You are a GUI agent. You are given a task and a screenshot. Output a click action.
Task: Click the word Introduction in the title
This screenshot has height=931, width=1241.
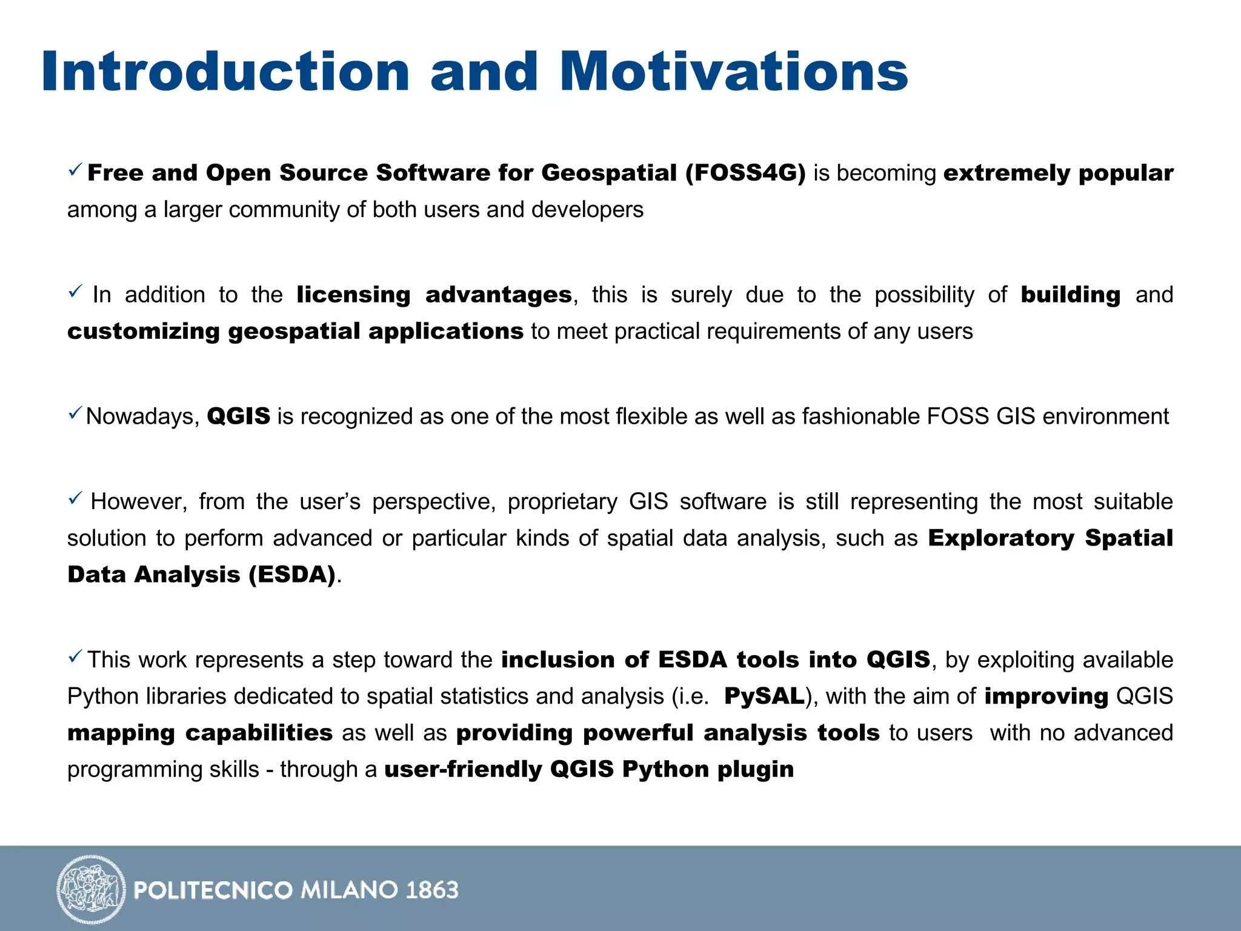click(x=225, y=72)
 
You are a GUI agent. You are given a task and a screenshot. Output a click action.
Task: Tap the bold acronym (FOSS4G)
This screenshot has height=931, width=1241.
click(x=745, y=173)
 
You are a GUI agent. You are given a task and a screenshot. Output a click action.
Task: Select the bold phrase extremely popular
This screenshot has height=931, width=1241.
click(x=1058, y=173)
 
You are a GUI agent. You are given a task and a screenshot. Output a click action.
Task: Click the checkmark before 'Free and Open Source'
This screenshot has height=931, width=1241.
click(x=75, y=170)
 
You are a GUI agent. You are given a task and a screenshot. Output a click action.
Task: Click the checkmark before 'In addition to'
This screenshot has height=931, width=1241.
click(x=75, y=292)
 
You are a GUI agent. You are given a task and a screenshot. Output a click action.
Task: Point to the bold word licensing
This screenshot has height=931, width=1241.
click(x=353, y=295)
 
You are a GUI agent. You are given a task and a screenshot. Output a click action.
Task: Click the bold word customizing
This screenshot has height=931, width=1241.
click(x=144, y=332)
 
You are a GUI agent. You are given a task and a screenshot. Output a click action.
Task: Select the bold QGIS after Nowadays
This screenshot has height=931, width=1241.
click(x=238, y=417)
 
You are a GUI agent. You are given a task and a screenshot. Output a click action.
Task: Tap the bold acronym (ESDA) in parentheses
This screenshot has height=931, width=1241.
click(x=292, y=575)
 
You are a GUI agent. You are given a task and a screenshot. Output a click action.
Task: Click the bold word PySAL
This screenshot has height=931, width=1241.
click(x=764, y=696)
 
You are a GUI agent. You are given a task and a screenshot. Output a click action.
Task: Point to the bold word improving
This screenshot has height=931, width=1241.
click(x=1046, y=696)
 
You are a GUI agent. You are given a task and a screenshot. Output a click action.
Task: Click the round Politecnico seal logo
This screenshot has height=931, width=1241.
click(x=91, y=889)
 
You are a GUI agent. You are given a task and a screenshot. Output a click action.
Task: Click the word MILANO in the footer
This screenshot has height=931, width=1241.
click(x=350, y=890)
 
